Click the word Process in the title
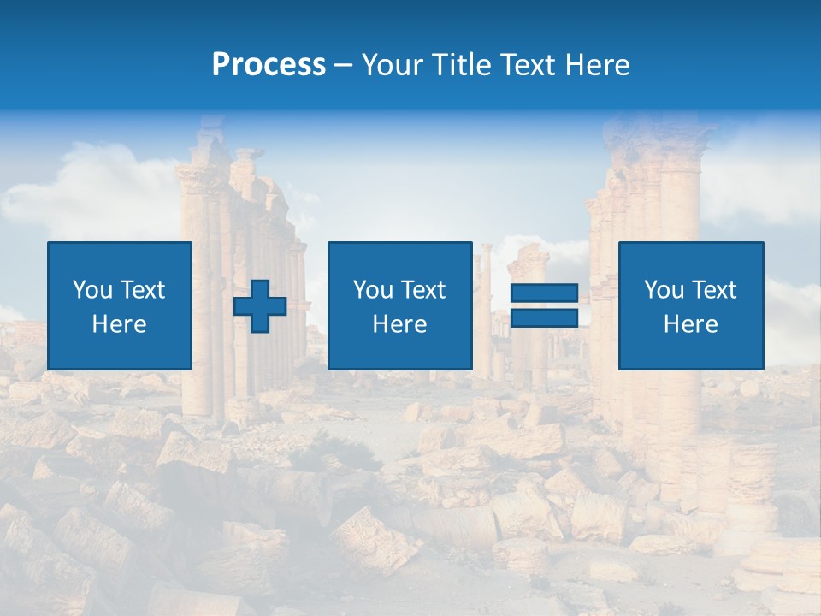tap(269, 65)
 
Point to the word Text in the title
tap(526, 65)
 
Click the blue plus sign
tap(260, 306)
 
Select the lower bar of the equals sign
tap(544, 318)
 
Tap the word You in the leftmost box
tap(92, 290)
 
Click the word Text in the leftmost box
tap(141, 290)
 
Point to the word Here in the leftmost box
tap(120, 324)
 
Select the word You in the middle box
tap(373, 290)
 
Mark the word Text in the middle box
tap(422, 290)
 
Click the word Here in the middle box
tap(400, 324)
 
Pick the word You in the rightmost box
tap(664, 290)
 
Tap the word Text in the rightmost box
tap(712, 290)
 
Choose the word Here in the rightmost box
tap(691, 324)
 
